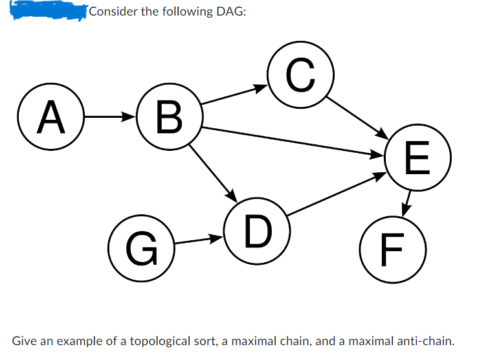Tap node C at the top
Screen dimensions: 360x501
pyautogui.click(x=300, y=75)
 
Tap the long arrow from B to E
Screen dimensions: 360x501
pyautogui.click(x=291, y=141)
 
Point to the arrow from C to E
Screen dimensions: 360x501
pyautogui.click(x=356, y=118)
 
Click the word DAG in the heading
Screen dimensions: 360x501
pyautogui.click(x=229, y=12)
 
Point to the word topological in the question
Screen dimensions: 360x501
pyautogui.click(x=162, y=340)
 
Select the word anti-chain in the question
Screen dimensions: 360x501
pyautogui.click(x=423, y=340)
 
